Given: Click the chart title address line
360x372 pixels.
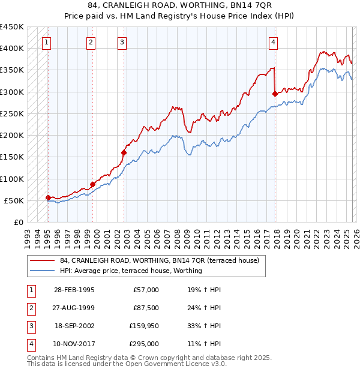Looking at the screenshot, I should pyautogui.click(x=179, y=5).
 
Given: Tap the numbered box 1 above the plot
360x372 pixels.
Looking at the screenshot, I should pyautogui.click(x=47, y=43).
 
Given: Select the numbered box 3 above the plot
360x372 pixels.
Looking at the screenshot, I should pyautogui.click(x=122, y=43).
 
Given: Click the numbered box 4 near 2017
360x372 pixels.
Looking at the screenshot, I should pyautogui.click(x=273, y=43).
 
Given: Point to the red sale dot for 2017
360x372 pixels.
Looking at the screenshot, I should pyautogui.click(x=275, y=94).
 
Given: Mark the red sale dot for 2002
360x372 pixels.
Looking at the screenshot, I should pyautogui.click(x=124, y=152).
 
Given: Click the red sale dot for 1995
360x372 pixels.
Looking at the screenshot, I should pyautogui.click(x=48, y=197).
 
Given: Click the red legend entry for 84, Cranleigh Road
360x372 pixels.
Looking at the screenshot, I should pyautogui.click(x=159, y=260).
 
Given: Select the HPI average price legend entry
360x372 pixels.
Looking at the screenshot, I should pyautogui.click(x=131, y=271).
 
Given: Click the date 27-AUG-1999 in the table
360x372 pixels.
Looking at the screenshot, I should pyautogui.click(x=74, y=308).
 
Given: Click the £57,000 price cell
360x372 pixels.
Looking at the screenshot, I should pyautogui.click(x=146, y=290).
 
